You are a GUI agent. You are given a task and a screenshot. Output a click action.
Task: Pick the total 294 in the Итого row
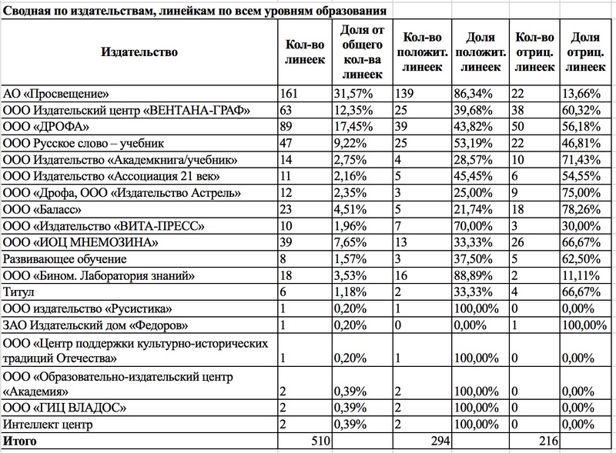click(x=437, y=442)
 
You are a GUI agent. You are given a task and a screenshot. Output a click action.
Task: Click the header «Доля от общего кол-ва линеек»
click(x=360, y=52)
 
